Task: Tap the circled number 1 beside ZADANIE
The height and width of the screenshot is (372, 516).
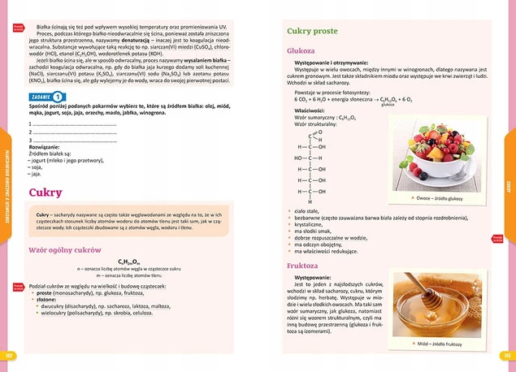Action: (58, 96)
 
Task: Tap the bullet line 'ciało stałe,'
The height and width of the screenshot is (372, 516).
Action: (310, 210)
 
